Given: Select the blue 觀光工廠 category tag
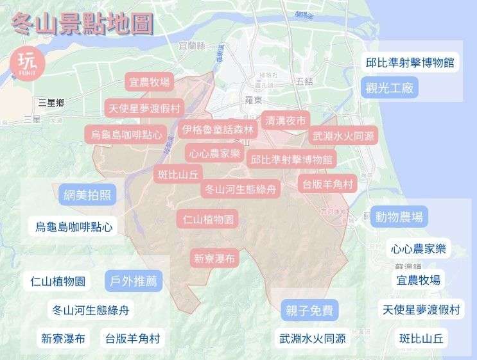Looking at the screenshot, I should (x=390, y=88).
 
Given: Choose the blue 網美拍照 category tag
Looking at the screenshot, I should (x=87, y=194).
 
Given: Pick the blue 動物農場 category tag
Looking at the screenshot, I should (x=399, y=218).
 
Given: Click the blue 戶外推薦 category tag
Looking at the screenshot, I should (x=134, y=281).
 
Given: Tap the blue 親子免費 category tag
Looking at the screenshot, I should (x=309, y=311).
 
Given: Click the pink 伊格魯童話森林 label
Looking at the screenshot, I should (x=218, y=130).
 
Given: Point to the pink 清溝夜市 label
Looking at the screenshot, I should (x=285, y=120).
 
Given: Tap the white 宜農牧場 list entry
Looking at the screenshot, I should (x=418, y=280).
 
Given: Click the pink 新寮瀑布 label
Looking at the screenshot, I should (x=214, y=259).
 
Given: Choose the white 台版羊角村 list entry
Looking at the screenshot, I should (x=132, y=338).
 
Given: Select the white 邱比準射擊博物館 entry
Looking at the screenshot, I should (x=410, y=62).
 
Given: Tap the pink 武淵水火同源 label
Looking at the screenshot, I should (x=344, y=136).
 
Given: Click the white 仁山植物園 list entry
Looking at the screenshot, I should (x=58, y=281).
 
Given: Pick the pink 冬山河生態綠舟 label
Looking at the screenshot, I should (x=241, y=189).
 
